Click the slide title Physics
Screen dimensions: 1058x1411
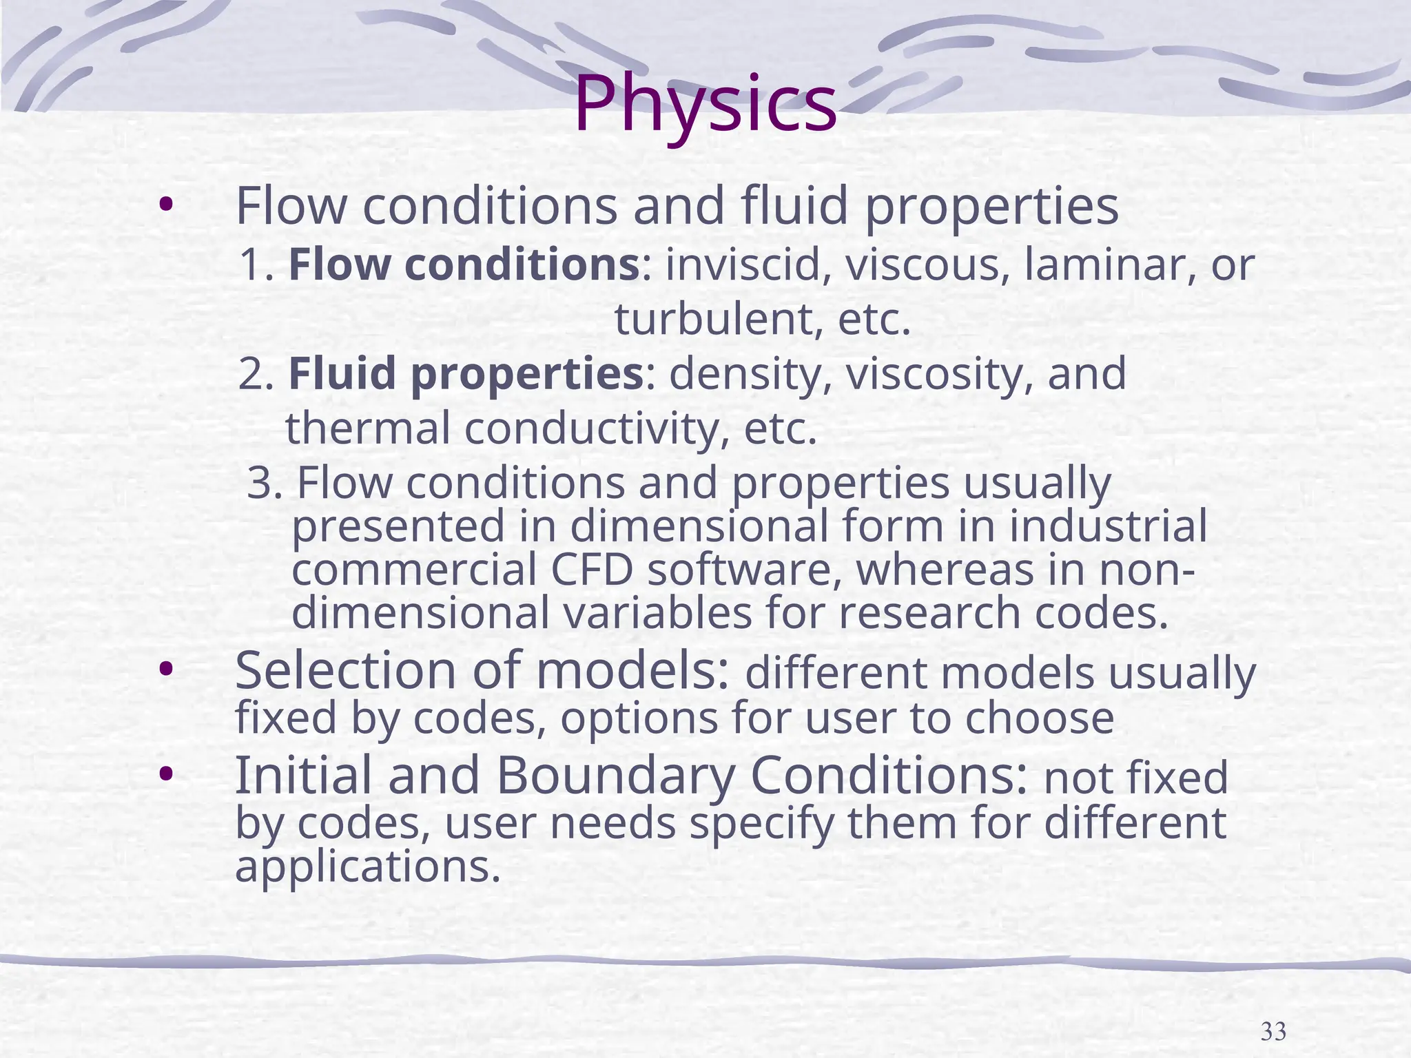tap(705, 105)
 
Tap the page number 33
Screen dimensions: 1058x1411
tap(1273, 1031)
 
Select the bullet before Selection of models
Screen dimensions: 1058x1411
tap(165, 669)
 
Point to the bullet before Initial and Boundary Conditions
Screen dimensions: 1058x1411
tap(165, 774)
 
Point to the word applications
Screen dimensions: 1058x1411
tap(367, 867)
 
